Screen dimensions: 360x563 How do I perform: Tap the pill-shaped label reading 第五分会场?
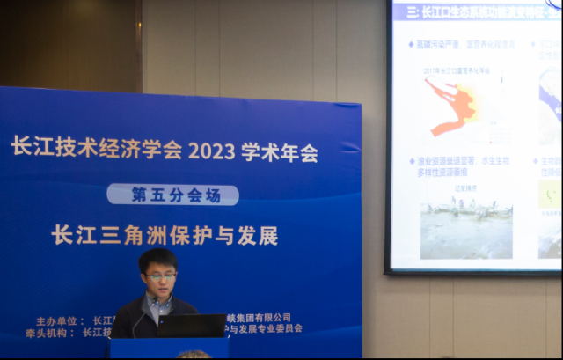(172, 195)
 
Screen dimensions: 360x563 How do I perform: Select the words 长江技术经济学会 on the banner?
(96, 148)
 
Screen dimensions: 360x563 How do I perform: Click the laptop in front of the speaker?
(191, 326)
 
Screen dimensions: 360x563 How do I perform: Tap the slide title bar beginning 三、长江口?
(476, 11)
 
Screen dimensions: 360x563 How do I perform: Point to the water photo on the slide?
(465, 225)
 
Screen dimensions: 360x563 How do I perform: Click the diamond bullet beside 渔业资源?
(412, 162)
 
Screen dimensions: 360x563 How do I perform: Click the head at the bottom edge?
(194, 355)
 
